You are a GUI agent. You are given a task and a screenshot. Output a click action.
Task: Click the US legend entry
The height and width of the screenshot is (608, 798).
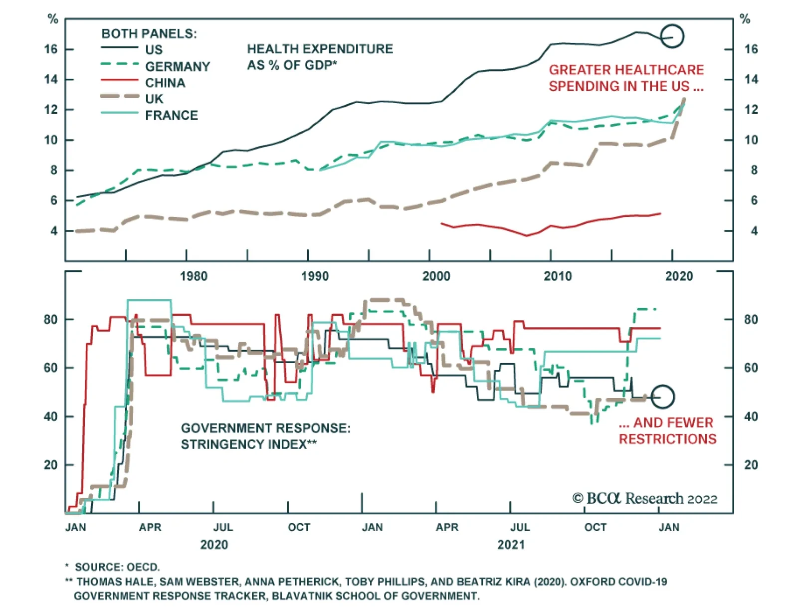pos(154,49)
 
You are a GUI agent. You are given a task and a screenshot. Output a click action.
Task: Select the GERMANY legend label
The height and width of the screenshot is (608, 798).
pos(178,66)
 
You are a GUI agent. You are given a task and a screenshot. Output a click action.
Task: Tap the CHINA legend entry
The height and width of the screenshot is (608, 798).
pos(165,83)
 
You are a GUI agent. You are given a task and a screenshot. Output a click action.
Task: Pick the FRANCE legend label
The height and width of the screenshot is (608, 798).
pos(172,115)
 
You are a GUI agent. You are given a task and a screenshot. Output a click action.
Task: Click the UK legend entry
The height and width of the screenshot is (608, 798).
pos(154,99)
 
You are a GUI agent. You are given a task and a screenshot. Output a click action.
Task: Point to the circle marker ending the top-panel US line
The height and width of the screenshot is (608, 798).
pos(672,36)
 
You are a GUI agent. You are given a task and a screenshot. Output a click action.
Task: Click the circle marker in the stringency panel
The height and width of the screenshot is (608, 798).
pos(662,397)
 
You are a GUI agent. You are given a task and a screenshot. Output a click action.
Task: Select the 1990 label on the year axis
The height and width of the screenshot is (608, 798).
pos(315,276)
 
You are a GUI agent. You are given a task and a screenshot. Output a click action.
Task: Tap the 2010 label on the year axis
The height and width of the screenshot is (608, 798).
pos(558,276)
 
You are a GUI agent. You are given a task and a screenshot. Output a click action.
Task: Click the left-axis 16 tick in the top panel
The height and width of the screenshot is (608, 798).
pos(51,49)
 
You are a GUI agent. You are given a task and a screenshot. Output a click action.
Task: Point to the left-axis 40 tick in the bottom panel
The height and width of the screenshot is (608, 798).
pos(51,416)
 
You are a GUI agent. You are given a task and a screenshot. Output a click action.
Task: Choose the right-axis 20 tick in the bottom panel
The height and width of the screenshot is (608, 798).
pos(751,465)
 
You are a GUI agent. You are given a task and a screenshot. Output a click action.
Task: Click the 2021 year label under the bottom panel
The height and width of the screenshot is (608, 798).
pos(511,545)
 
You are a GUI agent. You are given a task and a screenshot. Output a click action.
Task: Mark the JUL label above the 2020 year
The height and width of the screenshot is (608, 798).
pos(223,527)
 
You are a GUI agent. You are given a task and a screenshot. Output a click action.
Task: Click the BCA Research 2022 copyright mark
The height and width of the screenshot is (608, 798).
pos(644,498)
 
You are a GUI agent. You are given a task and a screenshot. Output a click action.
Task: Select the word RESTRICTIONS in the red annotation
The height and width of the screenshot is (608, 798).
pos(667,439)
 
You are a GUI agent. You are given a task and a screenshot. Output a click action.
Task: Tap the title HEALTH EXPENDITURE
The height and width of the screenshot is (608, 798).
pos(320,49)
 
